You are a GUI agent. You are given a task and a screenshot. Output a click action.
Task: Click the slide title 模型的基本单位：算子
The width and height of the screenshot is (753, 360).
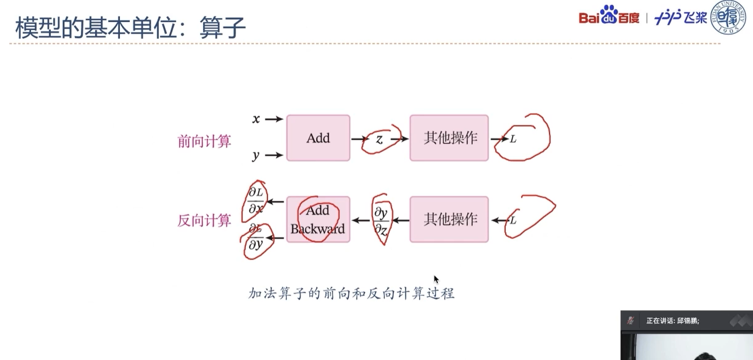point(130,27)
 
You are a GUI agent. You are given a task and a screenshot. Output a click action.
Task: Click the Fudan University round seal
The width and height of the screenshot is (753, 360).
point(728,17)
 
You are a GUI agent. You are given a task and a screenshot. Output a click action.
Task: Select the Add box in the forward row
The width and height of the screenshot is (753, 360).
point(318,138)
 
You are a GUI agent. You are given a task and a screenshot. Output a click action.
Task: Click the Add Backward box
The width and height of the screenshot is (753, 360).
point(318,219)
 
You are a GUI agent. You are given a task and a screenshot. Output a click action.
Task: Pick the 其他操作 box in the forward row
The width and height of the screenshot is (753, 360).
point(449,138)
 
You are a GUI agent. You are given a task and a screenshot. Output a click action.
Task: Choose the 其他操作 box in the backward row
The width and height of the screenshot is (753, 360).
point(449,219)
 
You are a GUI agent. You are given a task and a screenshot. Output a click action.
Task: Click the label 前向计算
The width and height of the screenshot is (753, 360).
point(204,141)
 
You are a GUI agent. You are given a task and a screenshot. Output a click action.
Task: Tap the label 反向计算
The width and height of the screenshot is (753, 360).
point(204,220)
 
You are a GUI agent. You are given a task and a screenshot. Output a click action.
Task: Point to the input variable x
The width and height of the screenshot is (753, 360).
point(256,119)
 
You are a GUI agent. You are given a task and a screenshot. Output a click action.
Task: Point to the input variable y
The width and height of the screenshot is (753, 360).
point(256,155)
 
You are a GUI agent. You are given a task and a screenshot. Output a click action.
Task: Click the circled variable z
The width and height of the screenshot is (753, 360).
point(379,139)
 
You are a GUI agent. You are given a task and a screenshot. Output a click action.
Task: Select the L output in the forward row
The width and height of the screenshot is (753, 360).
point(513,139)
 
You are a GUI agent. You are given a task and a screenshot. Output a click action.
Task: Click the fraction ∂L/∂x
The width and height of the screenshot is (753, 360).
point(256,200)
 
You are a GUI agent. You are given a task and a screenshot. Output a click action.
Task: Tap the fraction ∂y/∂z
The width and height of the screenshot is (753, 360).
point(381,221)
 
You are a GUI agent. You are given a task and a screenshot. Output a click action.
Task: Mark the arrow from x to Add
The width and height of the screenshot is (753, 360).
point(274,120)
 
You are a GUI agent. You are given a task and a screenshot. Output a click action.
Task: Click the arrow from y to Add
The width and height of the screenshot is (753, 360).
point(274,155)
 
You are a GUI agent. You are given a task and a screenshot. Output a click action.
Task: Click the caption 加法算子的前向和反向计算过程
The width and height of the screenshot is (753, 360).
point(351,294)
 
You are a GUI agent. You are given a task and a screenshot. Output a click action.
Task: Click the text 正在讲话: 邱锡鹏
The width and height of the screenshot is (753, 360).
point(673,321)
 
